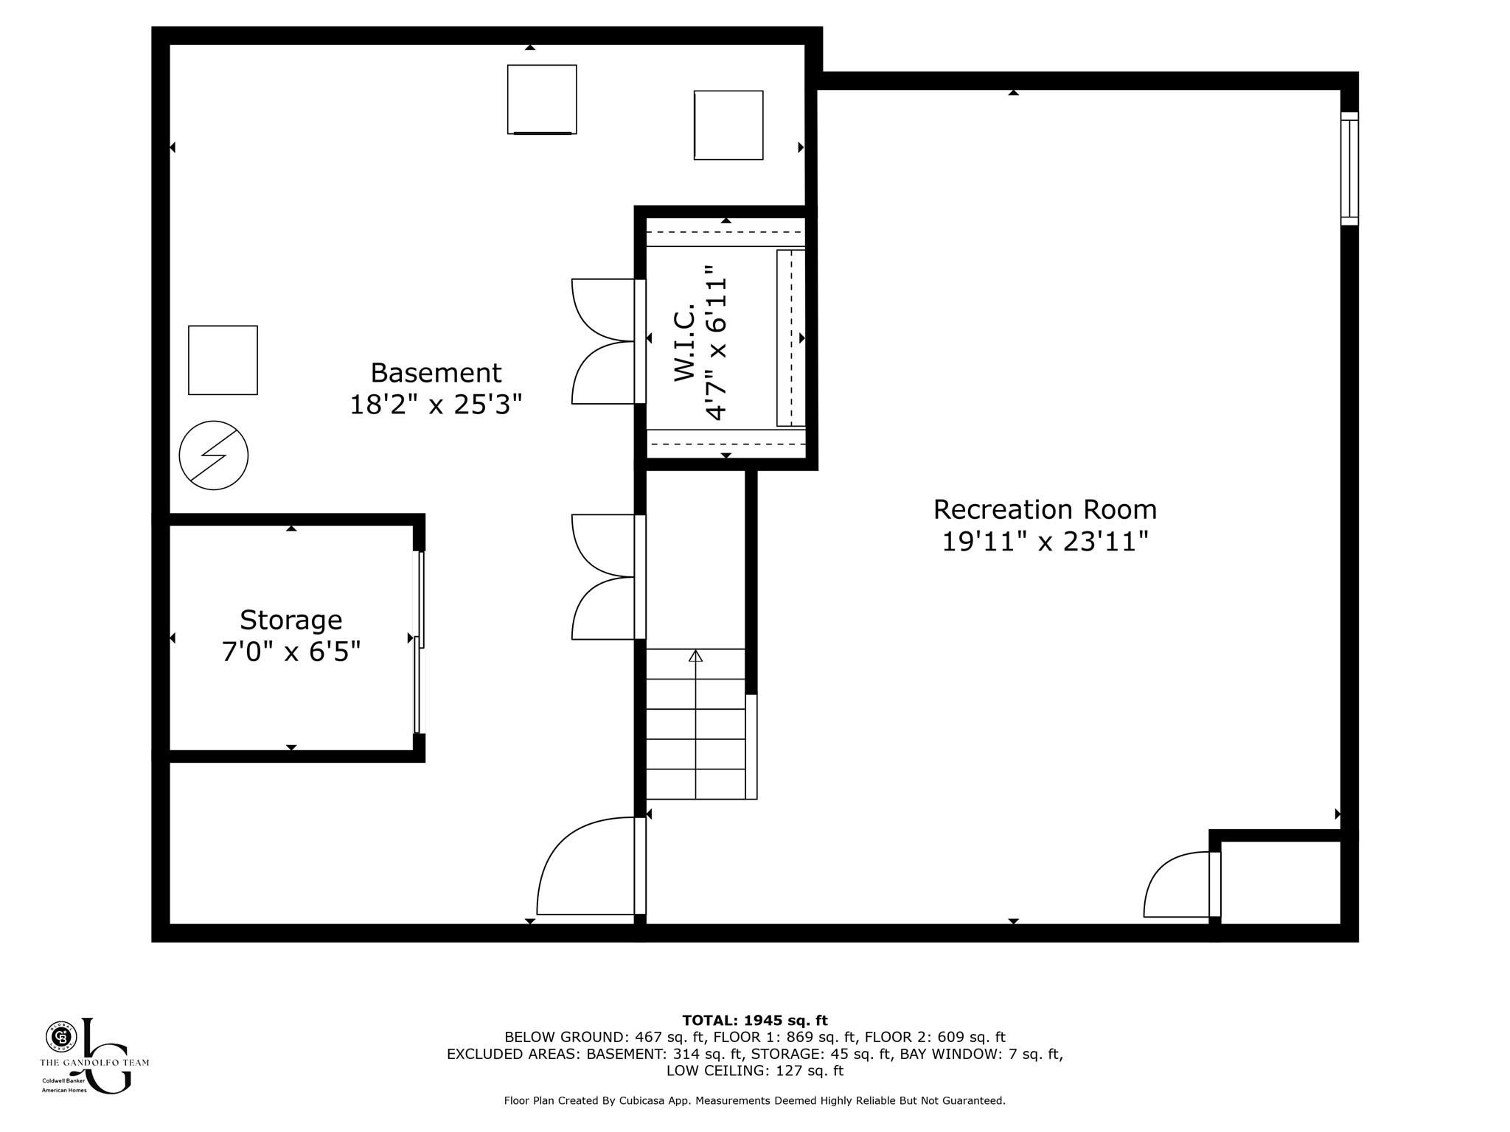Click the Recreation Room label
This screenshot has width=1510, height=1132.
point(1045,509)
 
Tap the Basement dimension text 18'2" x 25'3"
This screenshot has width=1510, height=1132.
point(436,405)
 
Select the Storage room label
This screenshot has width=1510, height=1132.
point(291,621)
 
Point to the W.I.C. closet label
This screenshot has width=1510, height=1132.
point(685,342)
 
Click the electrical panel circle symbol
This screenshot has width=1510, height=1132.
point(214,455)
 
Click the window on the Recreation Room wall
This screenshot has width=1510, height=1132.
point(1349,168)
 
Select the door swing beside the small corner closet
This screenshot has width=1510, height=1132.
point(1177,884)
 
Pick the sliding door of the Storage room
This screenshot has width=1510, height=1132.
point(420,642)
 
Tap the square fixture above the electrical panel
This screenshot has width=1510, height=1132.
point(223,360)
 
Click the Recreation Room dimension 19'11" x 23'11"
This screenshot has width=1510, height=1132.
point(1045,542)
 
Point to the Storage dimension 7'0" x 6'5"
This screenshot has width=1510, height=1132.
point(291,652)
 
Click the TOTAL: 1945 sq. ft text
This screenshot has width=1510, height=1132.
point(755,1021)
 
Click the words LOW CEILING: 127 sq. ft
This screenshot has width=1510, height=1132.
point(755,1071)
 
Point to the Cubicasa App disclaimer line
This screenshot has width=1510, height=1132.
point(755,1101)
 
